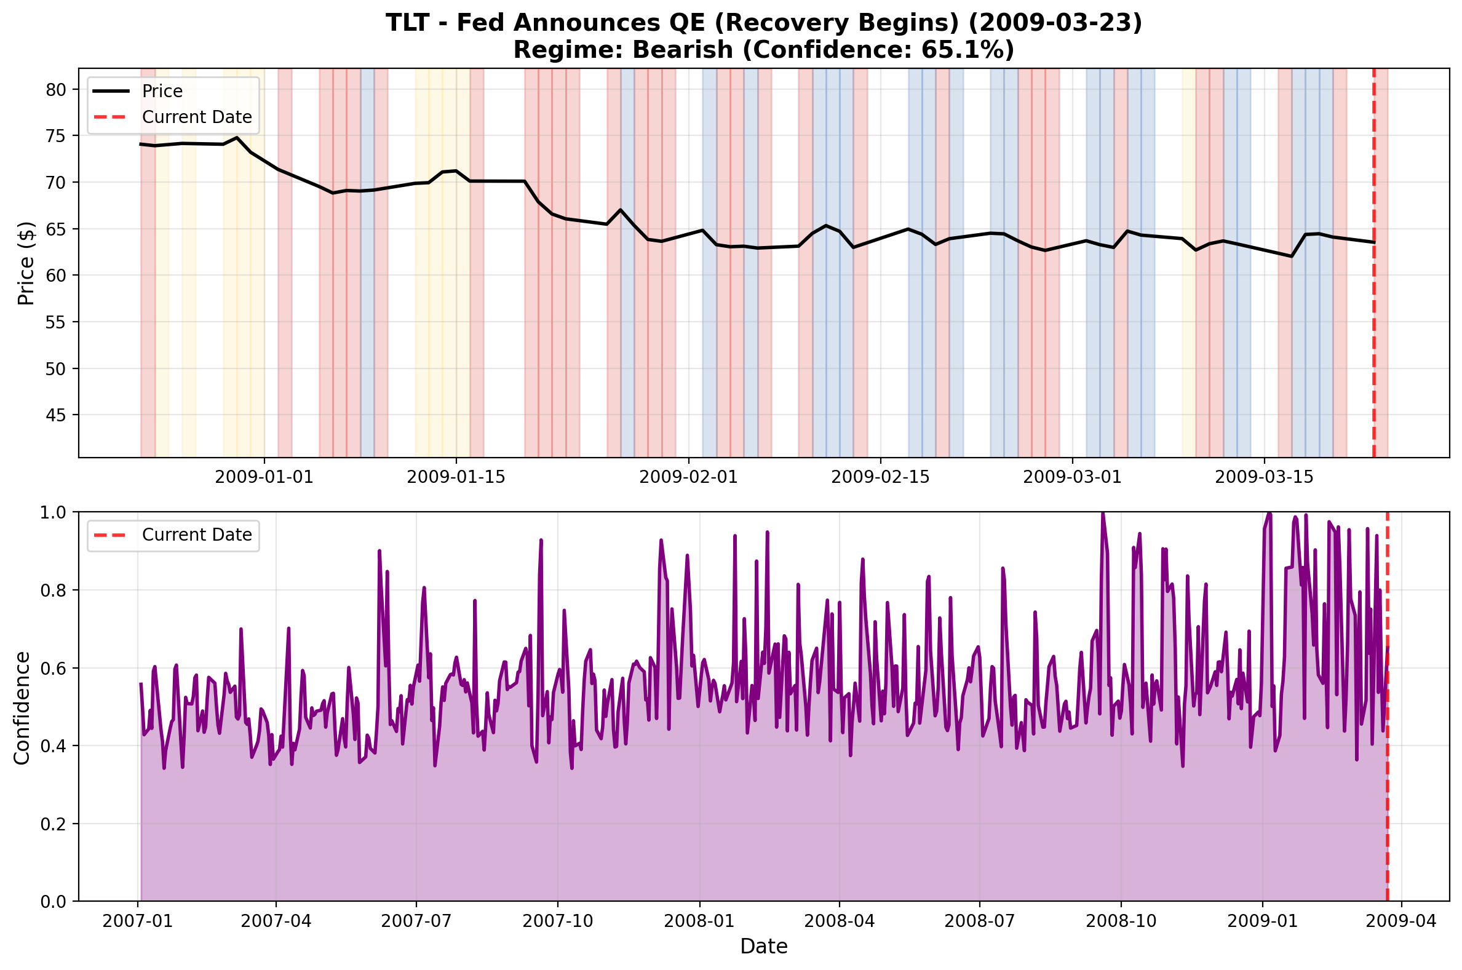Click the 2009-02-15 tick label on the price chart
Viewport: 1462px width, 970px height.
tap(880, 477)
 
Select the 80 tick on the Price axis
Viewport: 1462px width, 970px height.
tap(55, 90)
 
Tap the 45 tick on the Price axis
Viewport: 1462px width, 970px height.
tap(55, 415)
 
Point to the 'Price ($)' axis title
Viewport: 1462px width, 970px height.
tap(26, 263)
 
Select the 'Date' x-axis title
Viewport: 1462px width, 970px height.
tap(764, 947)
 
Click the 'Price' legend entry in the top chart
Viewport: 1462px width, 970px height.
tap(162, 91)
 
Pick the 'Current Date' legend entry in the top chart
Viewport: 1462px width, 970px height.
tap(197, 117)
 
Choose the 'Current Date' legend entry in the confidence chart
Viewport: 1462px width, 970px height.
tap(197, 535)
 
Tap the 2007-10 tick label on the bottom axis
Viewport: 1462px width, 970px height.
tap(557, 921)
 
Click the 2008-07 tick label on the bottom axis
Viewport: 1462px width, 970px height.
tap(980, 921)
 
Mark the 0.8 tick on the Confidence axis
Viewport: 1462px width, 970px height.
tap(55, 590)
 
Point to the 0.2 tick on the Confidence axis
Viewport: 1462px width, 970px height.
tap(55, 824)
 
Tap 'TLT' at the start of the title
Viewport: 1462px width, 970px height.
tap(409, 23)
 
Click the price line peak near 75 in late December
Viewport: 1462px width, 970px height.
tap(237, 137)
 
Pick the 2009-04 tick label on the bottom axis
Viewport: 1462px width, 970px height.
tap(1400, 921)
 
